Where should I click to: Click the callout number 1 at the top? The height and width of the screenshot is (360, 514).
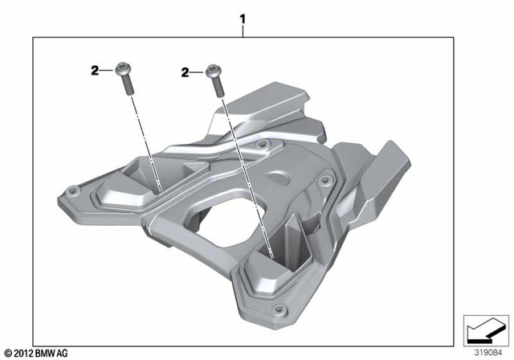[243, 18]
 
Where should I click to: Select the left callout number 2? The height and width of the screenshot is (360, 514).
[94, 72]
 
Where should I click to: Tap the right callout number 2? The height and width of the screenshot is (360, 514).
[186, 72]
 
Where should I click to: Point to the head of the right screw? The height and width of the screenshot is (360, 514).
[213, 69]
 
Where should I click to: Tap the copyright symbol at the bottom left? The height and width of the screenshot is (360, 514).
[7, 353]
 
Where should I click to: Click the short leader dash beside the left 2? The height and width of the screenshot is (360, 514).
[106, 72]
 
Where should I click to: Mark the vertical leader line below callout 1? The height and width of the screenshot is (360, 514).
[243, 31]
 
